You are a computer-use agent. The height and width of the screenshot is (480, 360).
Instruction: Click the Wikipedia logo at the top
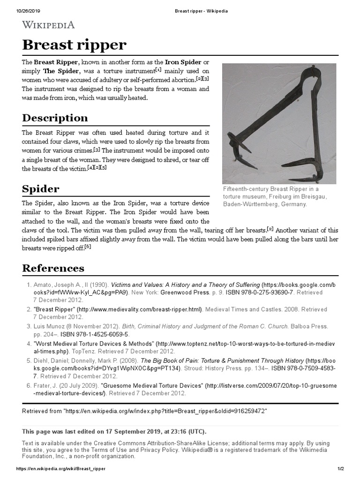coord(48,25)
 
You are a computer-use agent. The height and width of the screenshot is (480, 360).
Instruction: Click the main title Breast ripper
coord(75,45)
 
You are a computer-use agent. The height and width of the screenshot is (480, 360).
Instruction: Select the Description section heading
coord(55,118)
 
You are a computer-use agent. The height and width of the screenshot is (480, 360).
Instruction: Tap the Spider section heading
coord(41,189)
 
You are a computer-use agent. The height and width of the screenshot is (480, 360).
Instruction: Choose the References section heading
coord(53,268)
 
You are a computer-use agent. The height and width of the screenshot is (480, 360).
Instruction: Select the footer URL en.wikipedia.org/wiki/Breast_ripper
coord(61,469)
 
